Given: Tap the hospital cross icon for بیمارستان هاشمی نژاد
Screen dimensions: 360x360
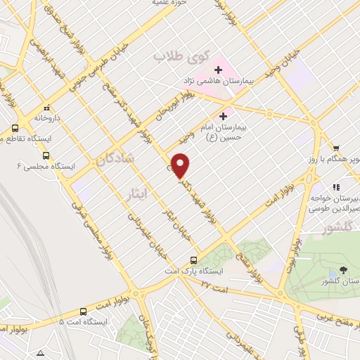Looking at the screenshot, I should tap(218, 70).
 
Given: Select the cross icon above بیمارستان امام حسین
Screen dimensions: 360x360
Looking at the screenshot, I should tap(224, 116).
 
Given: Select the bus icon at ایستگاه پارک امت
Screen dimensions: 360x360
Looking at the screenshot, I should tap(201, 258).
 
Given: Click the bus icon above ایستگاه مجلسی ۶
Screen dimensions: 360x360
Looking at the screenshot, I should tap(46, 154).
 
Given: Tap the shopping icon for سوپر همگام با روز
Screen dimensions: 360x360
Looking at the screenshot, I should tap(336, 148).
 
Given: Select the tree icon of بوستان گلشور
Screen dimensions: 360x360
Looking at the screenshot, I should tap(343, 269).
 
